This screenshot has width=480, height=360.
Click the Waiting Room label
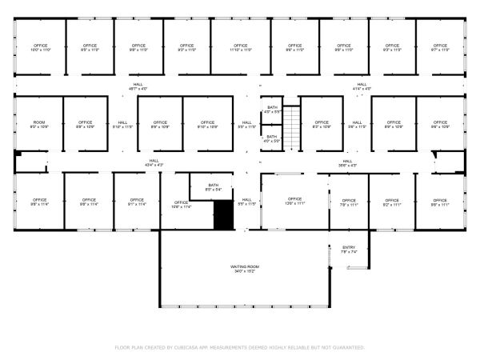point(246,269)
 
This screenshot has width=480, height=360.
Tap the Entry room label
point(349,250)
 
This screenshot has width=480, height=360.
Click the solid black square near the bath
point(223,215)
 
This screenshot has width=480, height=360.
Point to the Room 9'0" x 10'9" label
point(39,125)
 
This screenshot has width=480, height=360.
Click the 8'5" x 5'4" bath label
point(214,187)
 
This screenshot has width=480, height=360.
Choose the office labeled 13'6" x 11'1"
point(294,201)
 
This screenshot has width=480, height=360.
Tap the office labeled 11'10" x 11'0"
point(240,48)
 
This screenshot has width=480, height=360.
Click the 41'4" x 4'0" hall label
point(362,86)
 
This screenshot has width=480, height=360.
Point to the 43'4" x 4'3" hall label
point(154,162)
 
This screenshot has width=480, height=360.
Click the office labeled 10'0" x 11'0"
point(40,48)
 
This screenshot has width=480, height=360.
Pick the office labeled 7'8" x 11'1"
point(349,202)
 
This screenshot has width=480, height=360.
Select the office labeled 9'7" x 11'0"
point(440,48)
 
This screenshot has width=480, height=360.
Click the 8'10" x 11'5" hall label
point(122,125)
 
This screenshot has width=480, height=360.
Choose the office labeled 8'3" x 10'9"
point(322,125)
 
